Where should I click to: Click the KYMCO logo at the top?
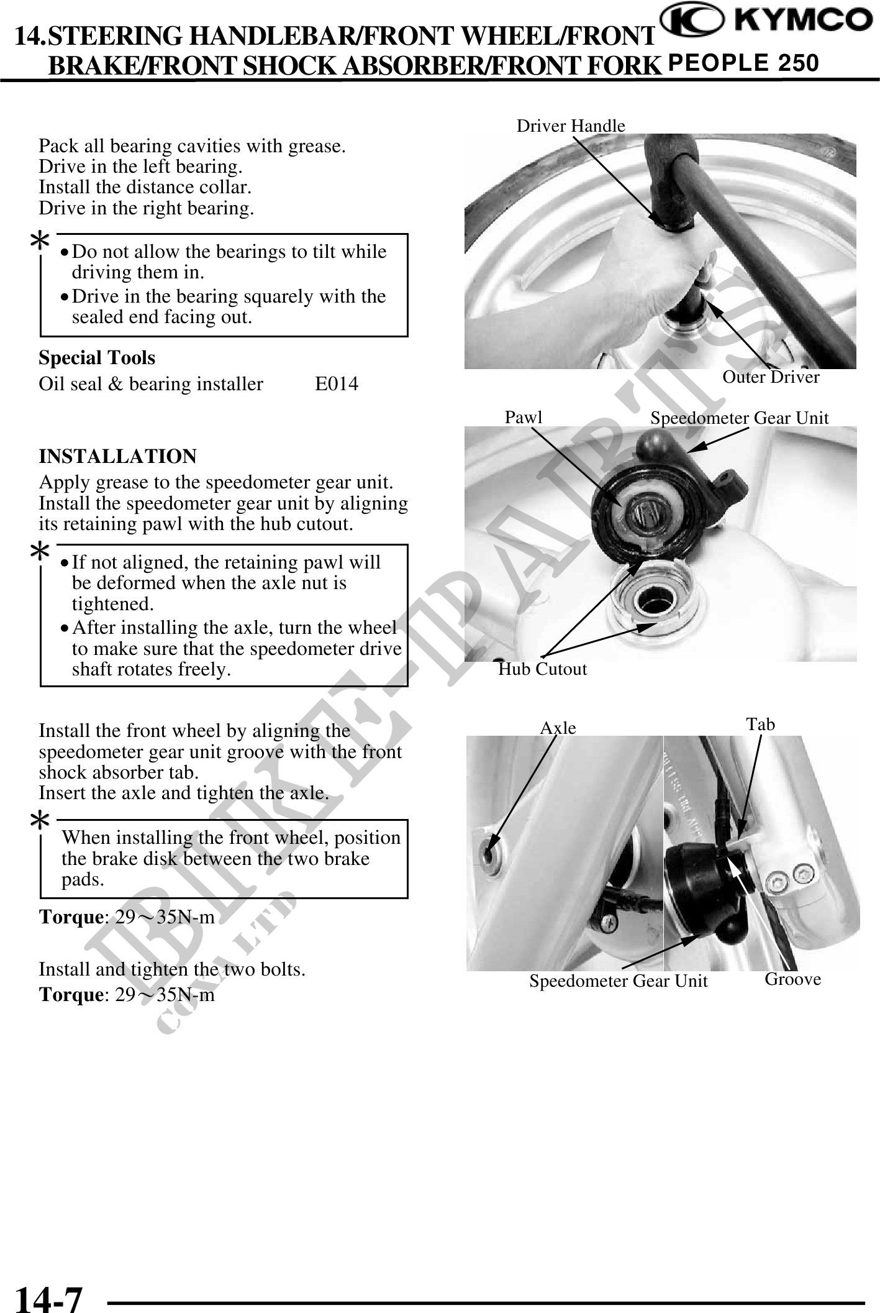[x=765, y=21]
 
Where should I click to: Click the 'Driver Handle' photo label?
[x=571, y=126]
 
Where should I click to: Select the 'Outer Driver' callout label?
[x=771, y=377]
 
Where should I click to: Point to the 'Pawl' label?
[x=523, y=417]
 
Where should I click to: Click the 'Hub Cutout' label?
[x=543, y=669]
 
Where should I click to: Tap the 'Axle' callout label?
[x=558, y=728]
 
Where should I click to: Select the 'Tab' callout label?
[x=760, y=724]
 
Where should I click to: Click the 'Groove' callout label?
[x=792, y=979]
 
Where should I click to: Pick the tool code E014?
[x=336, y=384]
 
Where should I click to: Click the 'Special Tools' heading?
[x=97, y=358]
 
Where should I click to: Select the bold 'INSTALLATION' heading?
[x=117, y=456]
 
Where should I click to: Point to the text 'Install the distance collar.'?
[x=145, y=187]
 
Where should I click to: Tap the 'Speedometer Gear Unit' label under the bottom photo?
[x=618, y=981]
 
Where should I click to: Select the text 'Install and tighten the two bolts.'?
[x=172, y=969]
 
